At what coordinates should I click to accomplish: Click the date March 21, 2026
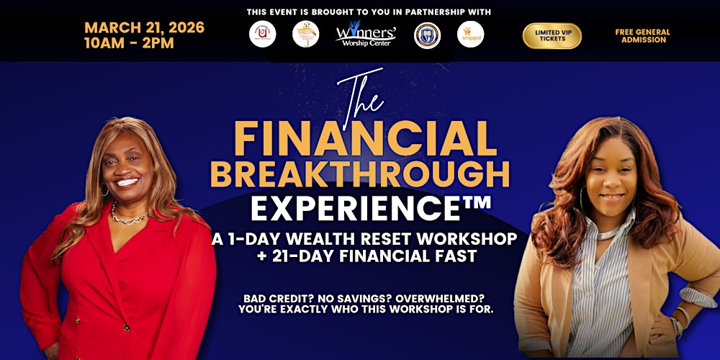144,27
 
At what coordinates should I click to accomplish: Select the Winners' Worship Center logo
365,35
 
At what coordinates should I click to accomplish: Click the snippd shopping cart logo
470,34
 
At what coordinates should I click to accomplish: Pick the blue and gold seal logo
427,35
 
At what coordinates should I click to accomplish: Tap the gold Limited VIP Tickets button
552,35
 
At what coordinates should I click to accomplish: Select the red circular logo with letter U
263,35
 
